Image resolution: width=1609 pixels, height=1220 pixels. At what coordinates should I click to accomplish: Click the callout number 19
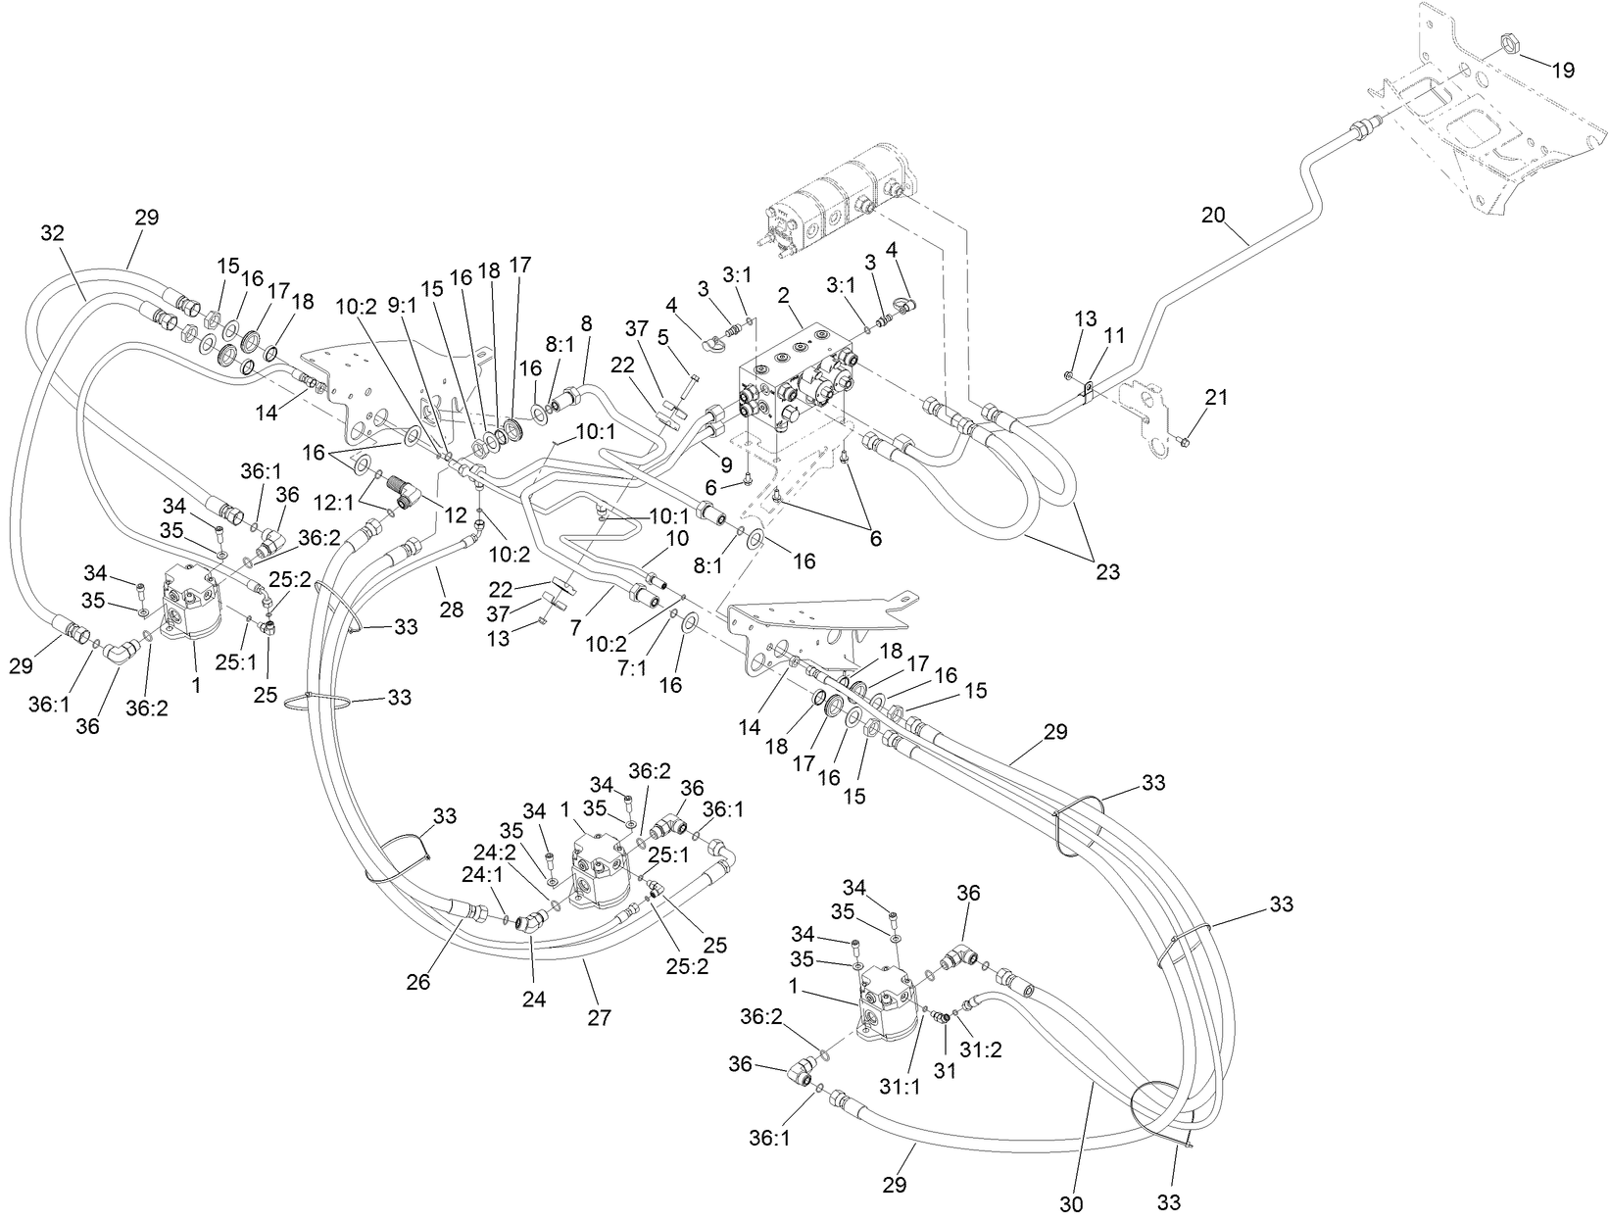pos(1563,70)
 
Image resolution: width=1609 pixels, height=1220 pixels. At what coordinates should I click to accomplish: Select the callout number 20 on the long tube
pos(1213,215)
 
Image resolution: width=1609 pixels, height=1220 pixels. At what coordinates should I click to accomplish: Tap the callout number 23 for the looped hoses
pos(1107,571)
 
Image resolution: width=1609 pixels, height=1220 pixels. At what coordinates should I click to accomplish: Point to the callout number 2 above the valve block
pos(783,294)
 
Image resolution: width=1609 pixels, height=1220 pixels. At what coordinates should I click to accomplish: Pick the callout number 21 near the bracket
pos(1216,397)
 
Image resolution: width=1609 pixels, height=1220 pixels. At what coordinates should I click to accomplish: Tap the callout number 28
pos(451,610)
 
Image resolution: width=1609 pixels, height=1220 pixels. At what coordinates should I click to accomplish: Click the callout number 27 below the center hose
pos(599,1018)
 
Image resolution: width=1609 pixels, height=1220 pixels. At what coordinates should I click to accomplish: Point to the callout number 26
pos(418,982)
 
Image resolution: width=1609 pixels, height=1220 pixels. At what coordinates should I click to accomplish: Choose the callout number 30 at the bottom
pos(1075,1202)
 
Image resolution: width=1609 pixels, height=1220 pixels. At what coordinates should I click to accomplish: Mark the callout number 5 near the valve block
pos(662,336)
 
